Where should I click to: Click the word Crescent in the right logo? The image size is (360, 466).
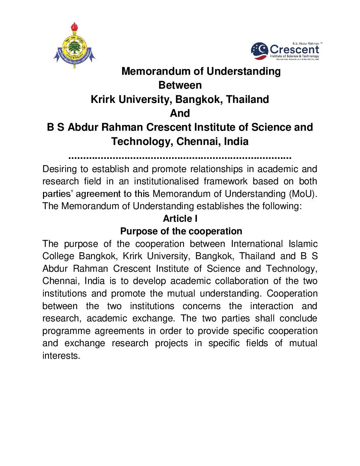point(294,50)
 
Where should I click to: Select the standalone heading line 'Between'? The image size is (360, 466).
point(180,85)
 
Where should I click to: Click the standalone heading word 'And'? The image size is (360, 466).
point(180,113)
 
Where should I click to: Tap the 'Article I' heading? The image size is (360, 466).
point(180,218)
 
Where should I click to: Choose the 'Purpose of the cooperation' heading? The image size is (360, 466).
point(181,231)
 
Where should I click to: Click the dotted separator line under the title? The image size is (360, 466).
point(180,158)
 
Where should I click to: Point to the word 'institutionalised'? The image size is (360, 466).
point(166,181)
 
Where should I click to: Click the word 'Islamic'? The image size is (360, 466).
point(303,244)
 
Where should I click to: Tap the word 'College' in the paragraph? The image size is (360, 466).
point(58,256)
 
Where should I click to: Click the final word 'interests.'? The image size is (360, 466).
point(61,356)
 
